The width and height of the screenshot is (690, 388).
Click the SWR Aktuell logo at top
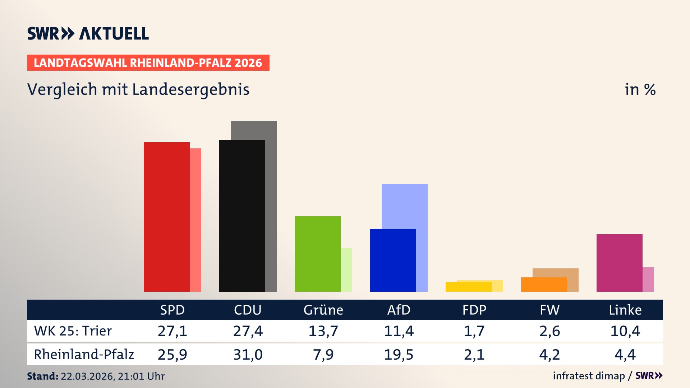tap(88, 33)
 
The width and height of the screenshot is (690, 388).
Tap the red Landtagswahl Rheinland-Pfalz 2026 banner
tap(148, 63)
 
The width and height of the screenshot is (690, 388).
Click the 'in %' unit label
tap(640, 90)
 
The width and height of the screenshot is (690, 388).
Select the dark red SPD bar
tap(166, 217)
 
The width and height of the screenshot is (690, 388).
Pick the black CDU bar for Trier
tap(242, 216)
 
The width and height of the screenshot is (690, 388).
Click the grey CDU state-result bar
tap(271, 205)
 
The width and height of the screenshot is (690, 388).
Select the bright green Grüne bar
tap(317, 254)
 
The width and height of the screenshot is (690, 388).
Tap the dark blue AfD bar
tap(393, 260)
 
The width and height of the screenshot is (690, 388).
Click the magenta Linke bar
tap(619, 263)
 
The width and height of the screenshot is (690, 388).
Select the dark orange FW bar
tap(544, 285)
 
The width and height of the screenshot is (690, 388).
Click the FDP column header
tap(474, 310)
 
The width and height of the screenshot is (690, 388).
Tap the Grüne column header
tap(323, 310)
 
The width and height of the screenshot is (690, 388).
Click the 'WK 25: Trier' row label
tap(73, 331)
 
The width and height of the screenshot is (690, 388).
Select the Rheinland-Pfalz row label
tap(84, 355)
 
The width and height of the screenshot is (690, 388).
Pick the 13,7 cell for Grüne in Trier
tap(323, 331)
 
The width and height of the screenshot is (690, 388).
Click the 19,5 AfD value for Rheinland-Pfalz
tap(399, 355)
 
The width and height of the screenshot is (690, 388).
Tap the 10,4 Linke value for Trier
tap(625, 331)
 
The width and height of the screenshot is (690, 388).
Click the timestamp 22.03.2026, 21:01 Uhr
tap(112, 376)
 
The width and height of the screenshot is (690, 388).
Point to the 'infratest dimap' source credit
tap(589, 376)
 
